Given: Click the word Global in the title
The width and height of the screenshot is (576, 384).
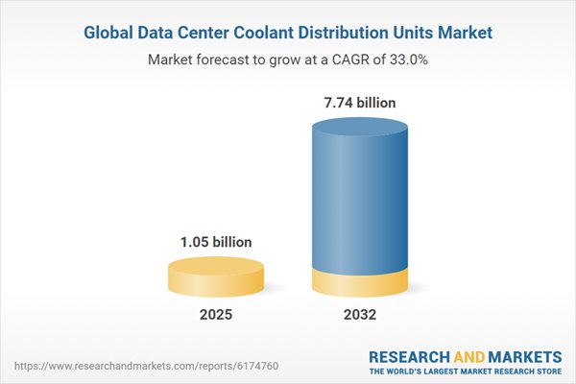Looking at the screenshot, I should [111, 33].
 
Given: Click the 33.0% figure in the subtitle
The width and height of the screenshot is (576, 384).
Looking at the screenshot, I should [406, 60].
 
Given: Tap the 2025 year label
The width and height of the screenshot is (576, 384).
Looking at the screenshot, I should [216, 315].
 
